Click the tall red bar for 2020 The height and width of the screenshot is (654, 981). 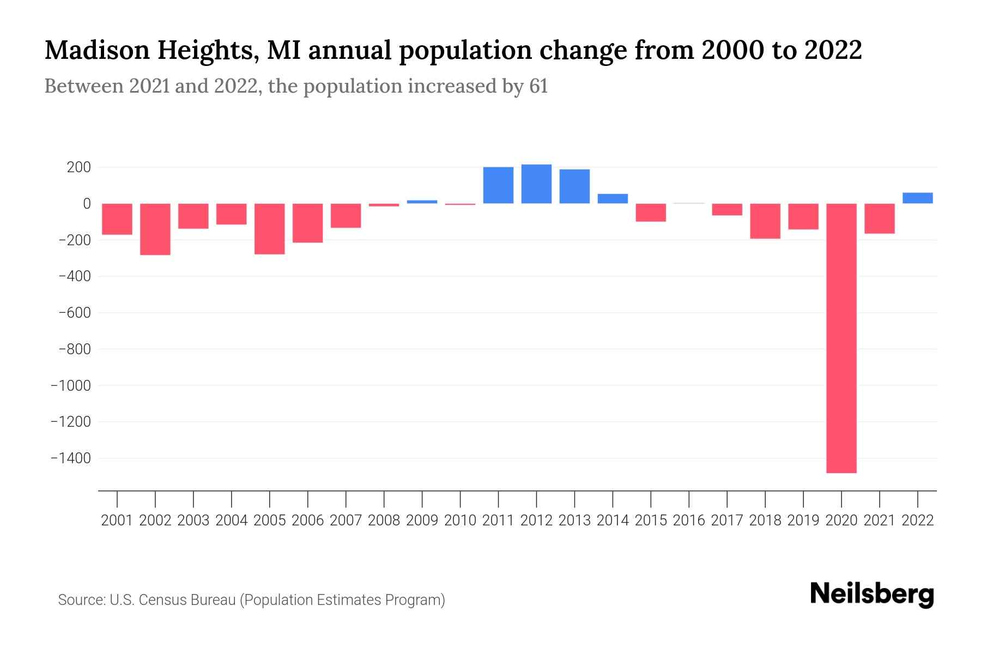coord(841,338)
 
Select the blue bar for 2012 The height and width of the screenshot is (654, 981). coord(536,184)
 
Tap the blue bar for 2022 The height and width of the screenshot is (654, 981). coord(917,198)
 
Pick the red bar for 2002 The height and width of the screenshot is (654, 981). coord(155,229)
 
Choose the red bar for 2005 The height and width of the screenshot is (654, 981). coord(270,229)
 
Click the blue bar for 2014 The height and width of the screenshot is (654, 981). coord(613,199)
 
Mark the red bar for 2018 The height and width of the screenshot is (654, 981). coord(765,221)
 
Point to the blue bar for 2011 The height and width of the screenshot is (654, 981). coord(498,185)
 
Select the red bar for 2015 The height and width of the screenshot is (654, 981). coord(651,213)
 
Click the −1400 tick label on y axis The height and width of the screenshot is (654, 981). coord(70,458)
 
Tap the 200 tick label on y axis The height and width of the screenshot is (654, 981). coord(78,167)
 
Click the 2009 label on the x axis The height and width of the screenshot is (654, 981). coord(422,520)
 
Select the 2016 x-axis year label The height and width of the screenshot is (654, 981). coord(689,520)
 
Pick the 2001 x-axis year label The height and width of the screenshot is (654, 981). coord(117,520)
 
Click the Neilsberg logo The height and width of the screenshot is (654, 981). coord(872,594)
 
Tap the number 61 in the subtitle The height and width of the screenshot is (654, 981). coord(538,87)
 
